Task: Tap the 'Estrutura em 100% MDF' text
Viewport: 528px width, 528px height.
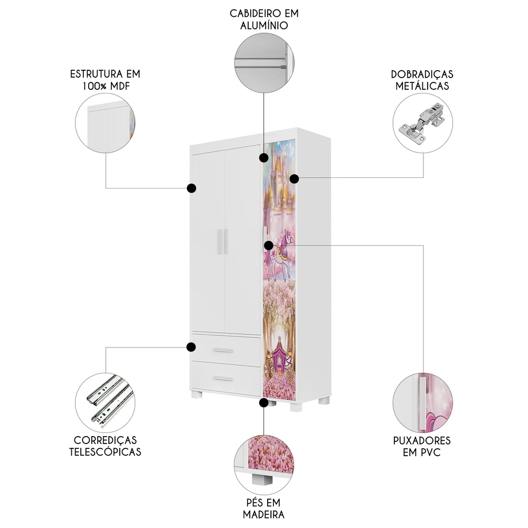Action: click(105, 79)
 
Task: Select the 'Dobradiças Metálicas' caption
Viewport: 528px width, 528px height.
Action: click(422, 80)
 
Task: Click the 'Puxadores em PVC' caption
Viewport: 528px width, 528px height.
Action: click(422, 446)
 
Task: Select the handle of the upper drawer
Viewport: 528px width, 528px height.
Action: click(223, 350)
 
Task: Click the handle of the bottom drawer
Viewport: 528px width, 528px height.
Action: click(223, 378)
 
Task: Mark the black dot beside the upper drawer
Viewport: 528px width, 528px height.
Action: click(191, 347)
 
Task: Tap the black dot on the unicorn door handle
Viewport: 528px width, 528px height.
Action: click(268, 245)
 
